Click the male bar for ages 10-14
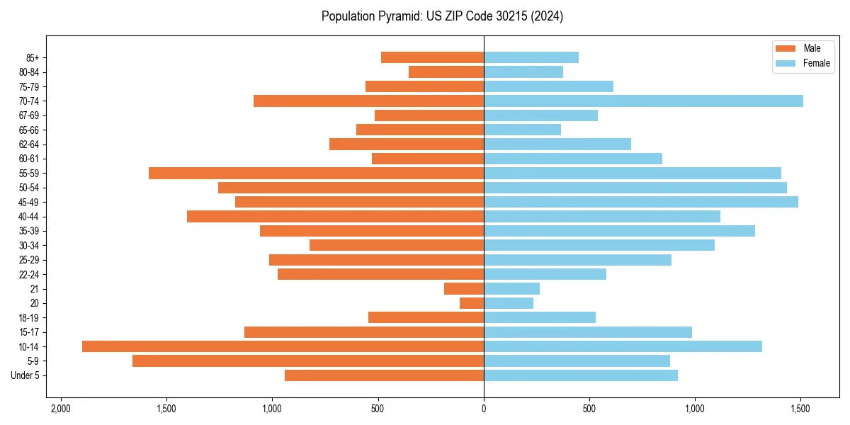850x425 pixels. (283, 346)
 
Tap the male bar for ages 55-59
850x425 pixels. (316, 173)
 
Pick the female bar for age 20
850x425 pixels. (509, 303)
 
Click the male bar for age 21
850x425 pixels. (464, 288)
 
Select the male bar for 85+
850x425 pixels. (432, 57)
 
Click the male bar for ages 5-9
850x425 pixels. (308, 361)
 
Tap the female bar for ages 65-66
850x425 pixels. (522, 130)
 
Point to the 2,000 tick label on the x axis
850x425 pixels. (61, 409)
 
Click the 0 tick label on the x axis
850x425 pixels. (484, 409)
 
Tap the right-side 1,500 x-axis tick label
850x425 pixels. (800, 409)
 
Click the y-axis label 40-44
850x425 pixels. (28, 217)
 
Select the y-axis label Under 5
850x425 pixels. (25, 375)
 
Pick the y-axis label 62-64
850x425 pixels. (28, 144)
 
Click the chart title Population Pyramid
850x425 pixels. (442, 16)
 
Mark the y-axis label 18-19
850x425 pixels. (28, 318)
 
